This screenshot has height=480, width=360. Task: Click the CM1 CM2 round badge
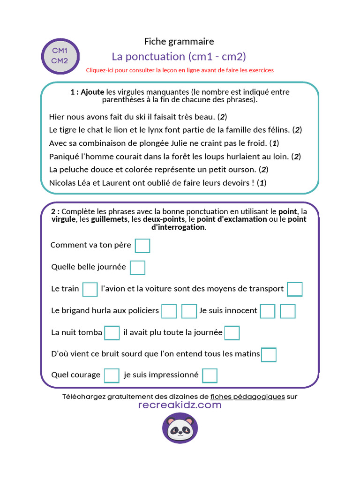[60, 56]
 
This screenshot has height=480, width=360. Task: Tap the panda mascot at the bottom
[180, 428]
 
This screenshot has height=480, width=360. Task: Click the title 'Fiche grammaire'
[179, 42]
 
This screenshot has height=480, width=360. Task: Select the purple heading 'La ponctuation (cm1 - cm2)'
[179, 57]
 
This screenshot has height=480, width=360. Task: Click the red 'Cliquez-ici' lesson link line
[180, 70]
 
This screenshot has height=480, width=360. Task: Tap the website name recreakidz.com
[180, 405]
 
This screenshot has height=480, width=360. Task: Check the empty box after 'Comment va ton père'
[142, 245]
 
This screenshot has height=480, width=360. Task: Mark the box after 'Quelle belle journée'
[137, 267]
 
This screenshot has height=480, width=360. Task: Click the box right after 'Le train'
[90, 289]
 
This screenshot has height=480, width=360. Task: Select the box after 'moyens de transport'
[295, 289]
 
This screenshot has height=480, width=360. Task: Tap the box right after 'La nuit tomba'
[112, 332]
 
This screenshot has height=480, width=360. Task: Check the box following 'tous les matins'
[269, 354]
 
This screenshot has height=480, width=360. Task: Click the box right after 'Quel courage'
[112, 375]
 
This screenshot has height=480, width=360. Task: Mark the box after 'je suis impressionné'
[210, 375]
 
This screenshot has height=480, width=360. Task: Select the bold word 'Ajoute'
[92, 92]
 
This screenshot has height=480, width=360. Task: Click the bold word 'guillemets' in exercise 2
[110, 219]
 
